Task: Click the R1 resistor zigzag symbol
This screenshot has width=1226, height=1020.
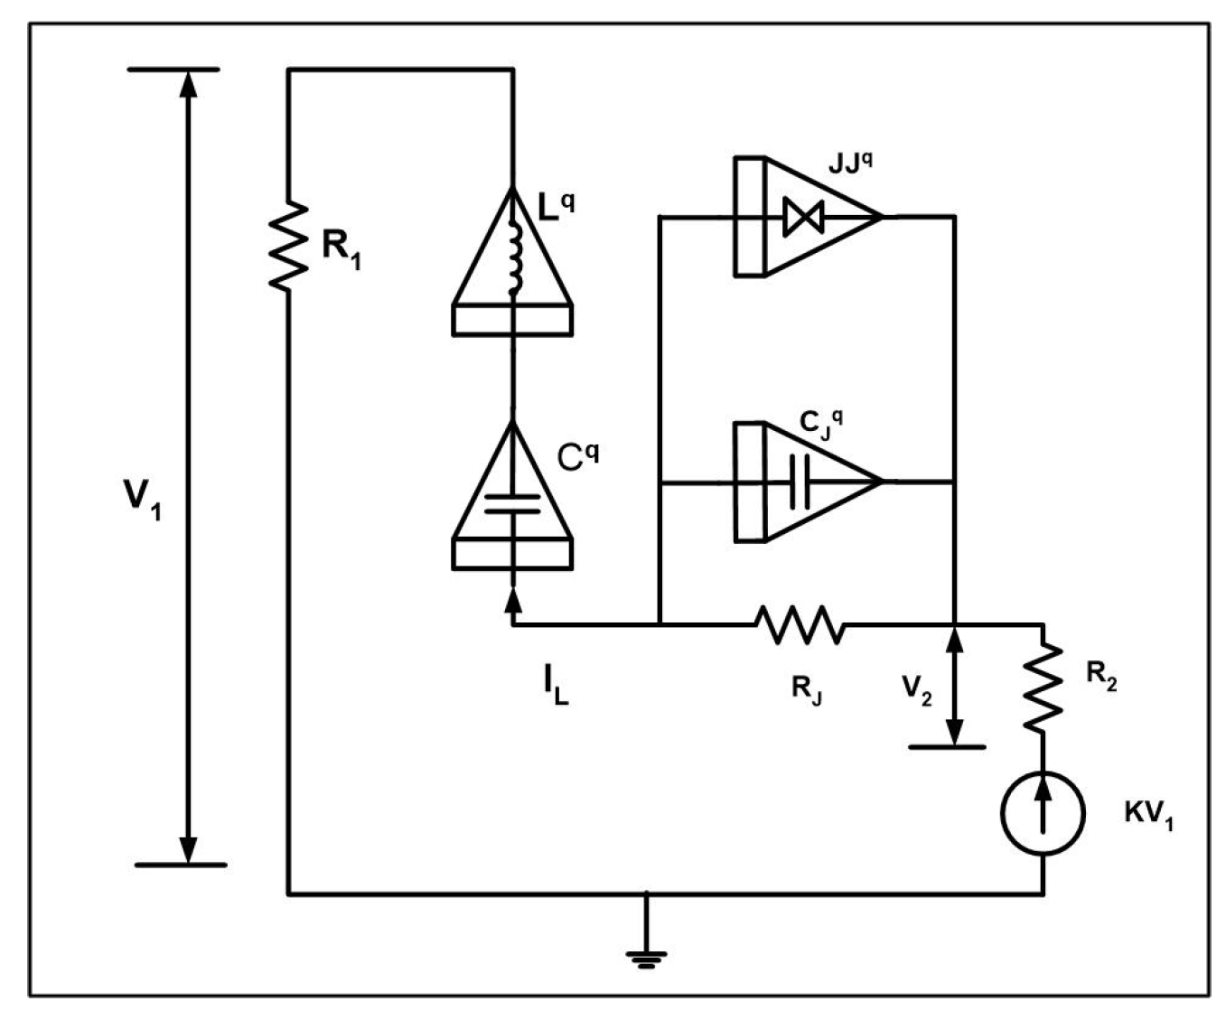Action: pyautogui.click(x=288, y=247)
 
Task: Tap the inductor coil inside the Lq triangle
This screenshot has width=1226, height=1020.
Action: pyautogui.click(x=514, y=259)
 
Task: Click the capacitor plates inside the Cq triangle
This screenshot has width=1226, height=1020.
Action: pyautogui.click(x=512, y=503)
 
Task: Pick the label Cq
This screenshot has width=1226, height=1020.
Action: pyautogui.click(x=577, y=456)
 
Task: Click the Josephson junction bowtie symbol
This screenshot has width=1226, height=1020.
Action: pyautogui.click(x=802, y=217)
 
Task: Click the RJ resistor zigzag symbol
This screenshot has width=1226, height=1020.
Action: pyautogui.click(x=800, y=624)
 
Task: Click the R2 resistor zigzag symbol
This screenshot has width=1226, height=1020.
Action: pyautogui.click(x=1044, y=685)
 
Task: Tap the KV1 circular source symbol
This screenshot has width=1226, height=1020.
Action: pyautogui.click(x=1043, y=812)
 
